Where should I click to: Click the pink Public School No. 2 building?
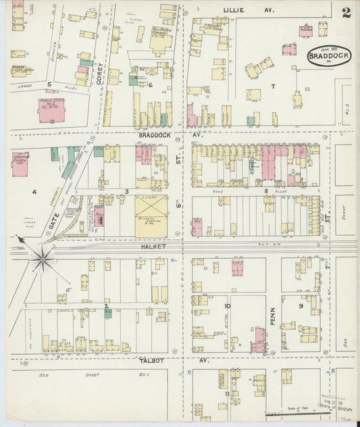(51, 109)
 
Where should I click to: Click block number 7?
(273, 86)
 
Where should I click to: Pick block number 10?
(228, 306)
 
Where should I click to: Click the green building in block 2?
(108, 313)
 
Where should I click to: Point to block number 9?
(301, 306)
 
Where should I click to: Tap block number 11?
(228, 392)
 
